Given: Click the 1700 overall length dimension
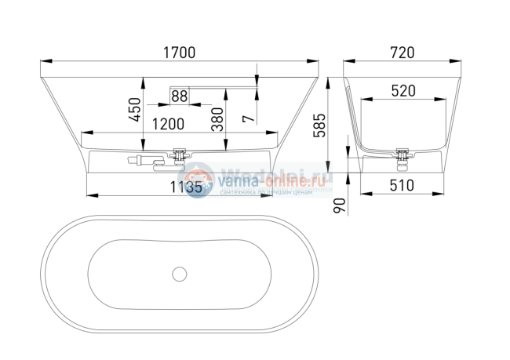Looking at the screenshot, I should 179,53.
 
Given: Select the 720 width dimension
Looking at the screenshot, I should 401,53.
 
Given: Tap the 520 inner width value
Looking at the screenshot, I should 402,91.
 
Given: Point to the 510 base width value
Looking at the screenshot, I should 401,186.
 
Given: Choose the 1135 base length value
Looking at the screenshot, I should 188,187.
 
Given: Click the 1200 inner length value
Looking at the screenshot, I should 168,124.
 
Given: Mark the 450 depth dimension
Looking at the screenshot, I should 134,110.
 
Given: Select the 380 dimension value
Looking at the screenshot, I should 217,118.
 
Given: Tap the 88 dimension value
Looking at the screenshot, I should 179,96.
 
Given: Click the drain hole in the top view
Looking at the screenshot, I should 180,275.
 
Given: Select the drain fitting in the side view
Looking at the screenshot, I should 180,155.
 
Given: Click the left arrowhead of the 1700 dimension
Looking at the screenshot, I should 42,61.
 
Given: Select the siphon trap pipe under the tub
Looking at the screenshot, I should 145,162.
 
